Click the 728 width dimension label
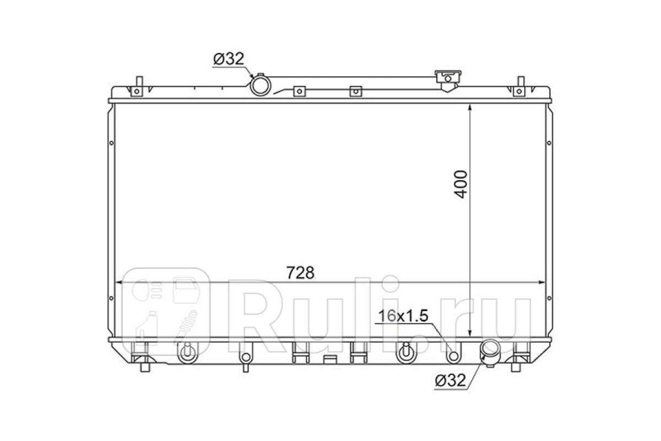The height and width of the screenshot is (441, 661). coord(300,273)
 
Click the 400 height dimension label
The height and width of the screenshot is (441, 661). coord(460,184)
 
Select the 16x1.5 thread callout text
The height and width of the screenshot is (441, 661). coord(403,316)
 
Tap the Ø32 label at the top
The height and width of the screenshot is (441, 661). coord(229,59)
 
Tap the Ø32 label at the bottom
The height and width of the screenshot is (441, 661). coord(451,381)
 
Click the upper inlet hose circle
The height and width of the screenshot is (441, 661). coord(261,85)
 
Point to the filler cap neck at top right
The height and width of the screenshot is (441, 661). coord(448,81)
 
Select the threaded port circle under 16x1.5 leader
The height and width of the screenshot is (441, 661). coord(453,356)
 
